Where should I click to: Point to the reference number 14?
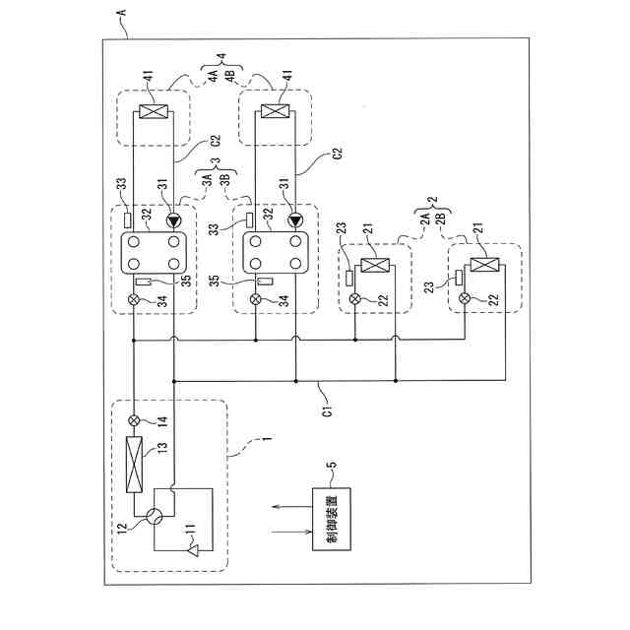(162, 419)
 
